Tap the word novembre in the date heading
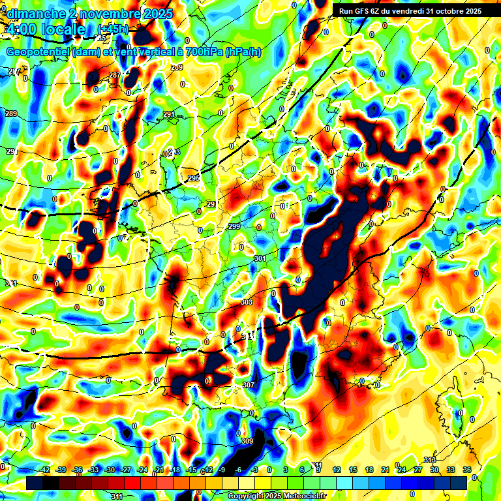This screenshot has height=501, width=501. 102,14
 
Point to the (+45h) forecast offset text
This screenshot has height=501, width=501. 113,29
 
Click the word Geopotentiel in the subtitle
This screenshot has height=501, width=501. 38,52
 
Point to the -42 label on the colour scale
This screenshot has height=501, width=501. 46,470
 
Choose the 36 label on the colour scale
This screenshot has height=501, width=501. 467,470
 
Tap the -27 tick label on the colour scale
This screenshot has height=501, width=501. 126,470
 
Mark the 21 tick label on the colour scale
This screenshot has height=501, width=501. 386,470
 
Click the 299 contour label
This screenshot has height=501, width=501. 234,226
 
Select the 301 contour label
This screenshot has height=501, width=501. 260,259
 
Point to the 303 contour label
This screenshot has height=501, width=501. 247,302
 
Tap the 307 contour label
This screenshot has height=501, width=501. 248,385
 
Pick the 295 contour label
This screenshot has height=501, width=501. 193,178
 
